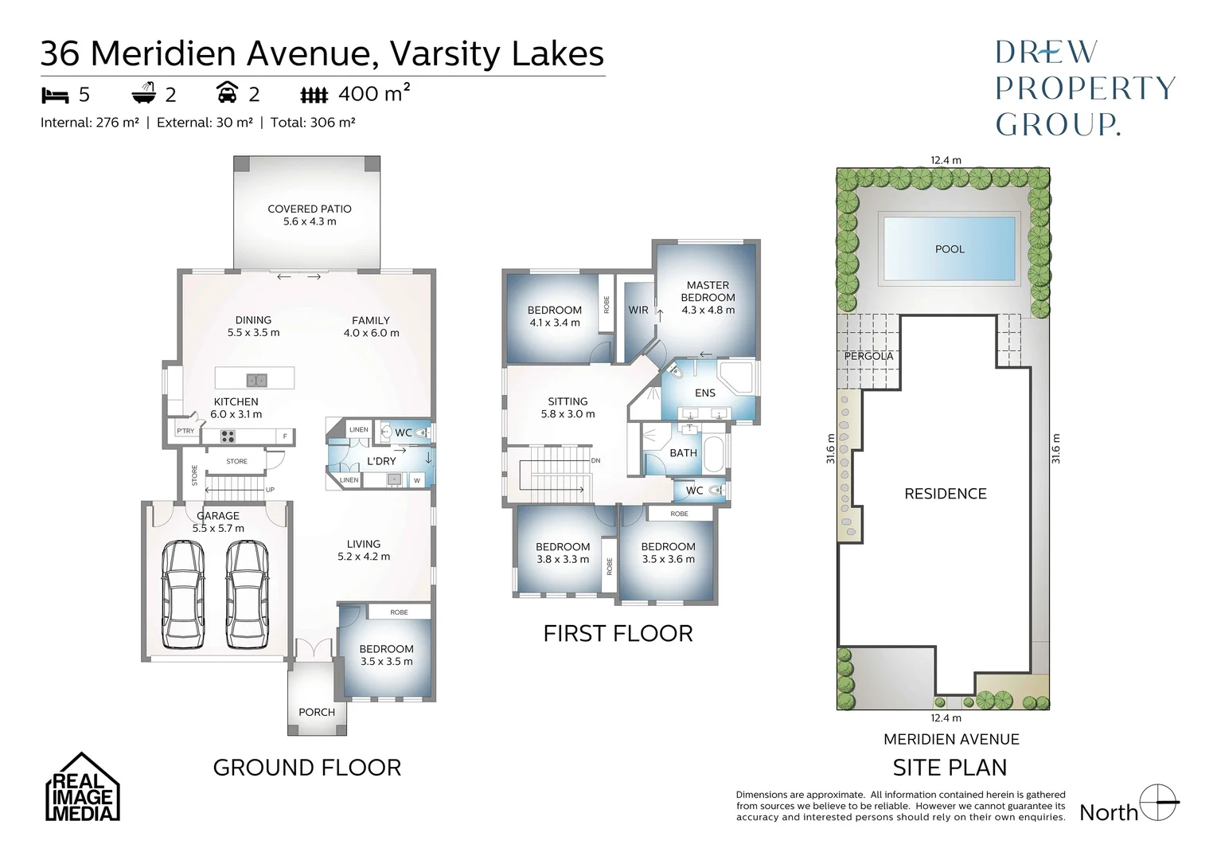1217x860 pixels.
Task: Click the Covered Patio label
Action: pos(309,209)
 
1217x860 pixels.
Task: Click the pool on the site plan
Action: pos(949,249)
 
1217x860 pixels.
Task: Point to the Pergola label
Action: pos(868,356)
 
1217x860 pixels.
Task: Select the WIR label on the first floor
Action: pos(638,310)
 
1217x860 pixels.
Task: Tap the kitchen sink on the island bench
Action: pos(256,380)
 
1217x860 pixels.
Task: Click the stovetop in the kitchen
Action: pos(228,436)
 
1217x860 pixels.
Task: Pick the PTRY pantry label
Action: pos(185,432)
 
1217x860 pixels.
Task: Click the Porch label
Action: pos(317,712)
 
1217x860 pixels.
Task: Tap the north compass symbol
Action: pos(1159,803)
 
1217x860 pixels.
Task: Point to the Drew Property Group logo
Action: pos(1084,88)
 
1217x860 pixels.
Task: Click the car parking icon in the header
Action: pos(227,95)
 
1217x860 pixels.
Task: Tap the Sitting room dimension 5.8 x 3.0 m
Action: pos(568,414)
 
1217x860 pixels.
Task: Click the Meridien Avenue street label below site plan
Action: pos(950,739)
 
